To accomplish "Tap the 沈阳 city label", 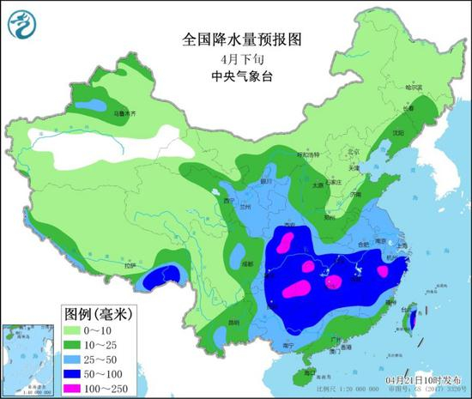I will pos(396,134).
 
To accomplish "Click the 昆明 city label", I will pos(233,323).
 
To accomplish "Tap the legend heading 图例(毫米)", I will pos(96,312).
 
